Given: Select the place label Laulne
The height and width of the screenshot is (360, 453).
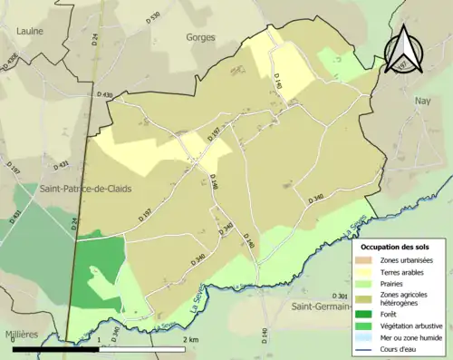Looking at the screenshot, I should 30,31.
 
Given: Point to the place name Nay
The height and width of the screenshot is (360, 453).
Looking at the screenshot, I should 421,102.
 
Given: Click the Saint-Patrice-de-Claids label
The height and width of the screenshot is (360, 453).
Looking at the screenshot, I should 84,189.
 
